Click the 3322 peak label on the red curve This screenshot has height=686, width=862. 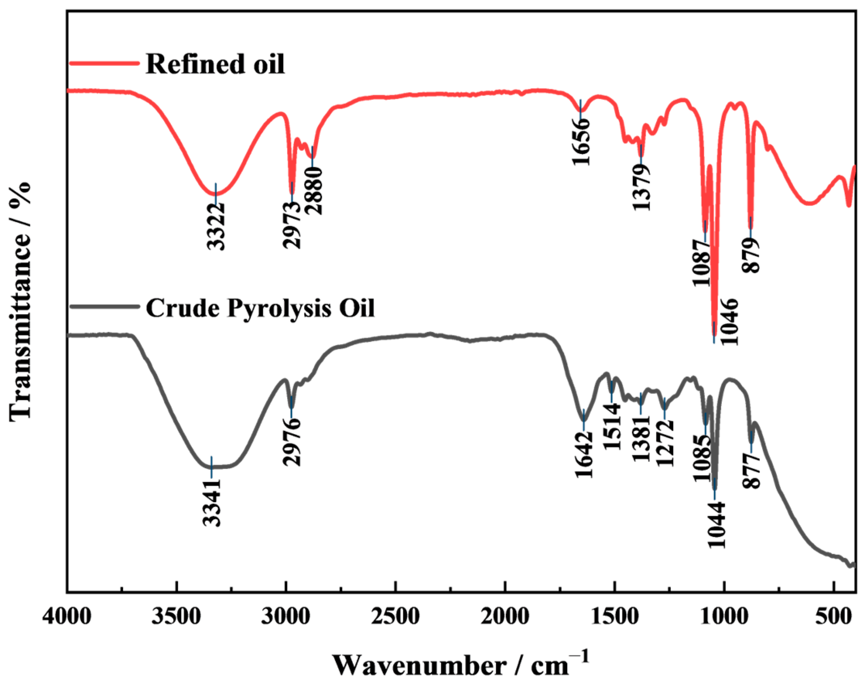coord(216,227)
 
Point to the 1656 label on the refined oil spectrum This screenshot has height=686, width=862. coord(581,142)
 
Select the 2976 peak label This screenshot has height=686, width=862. coord(292,442)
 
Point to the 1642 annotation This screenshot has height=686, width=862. coord(584,455)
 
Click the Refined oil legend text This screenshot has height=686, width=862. coord(215,64)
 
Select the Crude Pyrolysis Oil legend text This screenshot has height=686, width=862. coord(260,308)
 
